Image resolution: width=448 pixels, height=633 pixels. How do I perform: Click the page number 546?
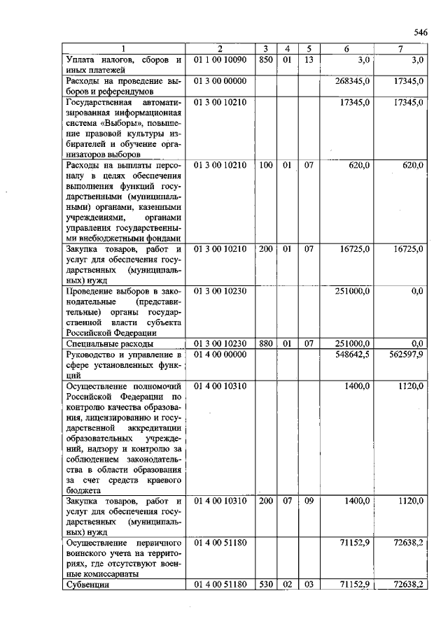(420, 33)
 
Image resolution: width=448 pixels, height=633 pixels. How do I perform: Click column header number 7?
(400, 48)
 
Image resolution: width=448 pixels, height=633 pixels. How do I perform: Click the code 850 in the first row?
(265, 60)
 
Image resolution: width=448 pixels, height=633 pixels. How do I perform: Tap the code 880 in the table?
(265, 343)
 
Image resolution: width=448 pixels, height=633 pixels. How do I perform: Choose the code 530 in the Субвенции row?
(265, 584)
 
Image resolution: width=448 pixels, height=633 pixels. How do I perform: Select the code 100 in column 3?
(265, 165)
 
